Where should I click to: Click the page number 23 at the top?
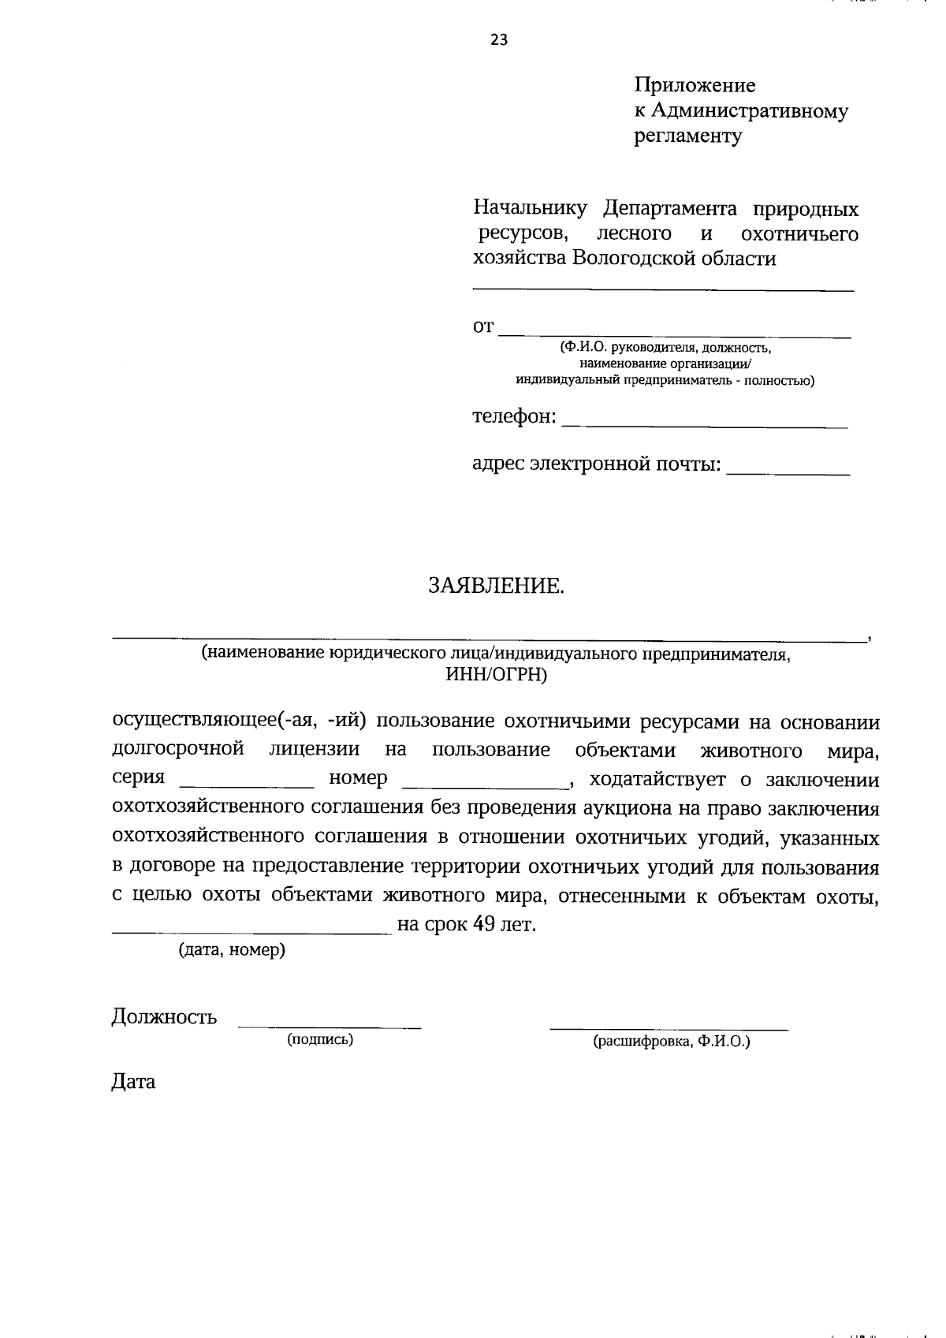click(x=499, y=40)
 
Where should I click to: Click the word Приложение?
click(x=695, y=85)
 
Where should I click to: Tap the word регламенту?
click(x=688, y=137)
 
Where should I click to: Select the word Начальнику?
click(x=530, y=209)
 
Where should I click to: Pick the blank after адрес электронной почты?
click(x=788, y=469)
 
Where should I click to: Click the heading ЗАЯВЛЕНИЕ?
click(x=497, y=586)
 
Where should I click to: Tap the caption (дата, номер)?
click(x=232, y=950)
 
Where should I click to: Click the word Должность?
click(x=164, y=1016)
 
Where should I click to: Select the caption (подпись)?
click(x=320, y=1040)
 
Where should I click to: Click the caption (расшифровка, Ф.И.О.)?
click(x=671, y=1042)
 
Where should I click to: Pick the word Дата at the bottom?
click(x=133, y=1082)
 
